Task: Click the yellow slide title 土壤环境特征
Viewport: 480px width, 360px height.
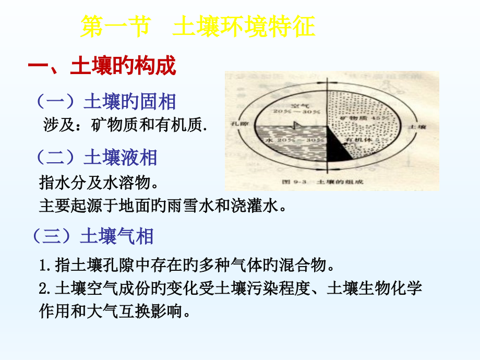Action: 243,27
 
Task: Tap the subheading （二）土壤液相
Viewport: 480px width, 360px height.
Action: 97,158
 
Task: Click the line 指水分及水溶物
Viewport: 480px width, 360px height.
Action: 98,183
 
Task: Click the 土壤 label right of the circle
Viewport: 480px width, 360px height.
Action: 419,127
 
